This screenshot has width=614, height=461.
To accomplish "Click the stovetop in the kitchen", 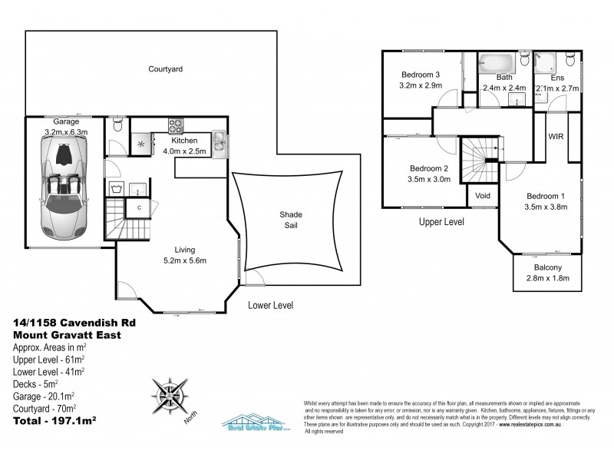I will coord(175,125).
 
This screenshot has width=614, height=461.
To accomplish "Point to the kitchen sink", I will coord(220,140).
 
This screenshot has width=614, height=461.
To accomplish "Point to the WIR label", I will coord(556,136).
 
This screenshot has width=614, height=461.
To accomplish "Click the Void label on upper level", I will coord(484,195).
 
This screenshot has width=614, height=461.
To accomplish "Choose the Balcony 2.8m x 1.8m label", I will coord(547,273).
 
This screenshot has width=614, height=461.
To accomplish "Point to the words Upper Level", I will coord(441,222).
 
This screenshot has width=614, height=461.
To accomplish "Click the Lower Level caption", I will coord(271,305).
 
